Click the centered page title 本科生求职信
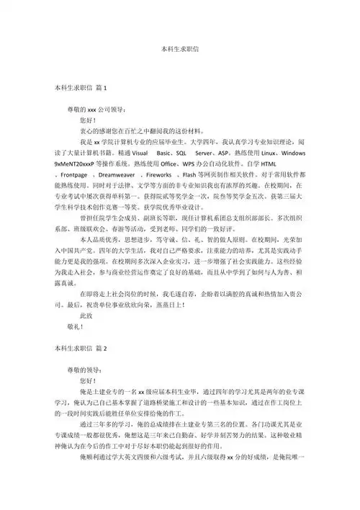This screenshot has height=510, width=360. pyautogui.click(x=180, y=52)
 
